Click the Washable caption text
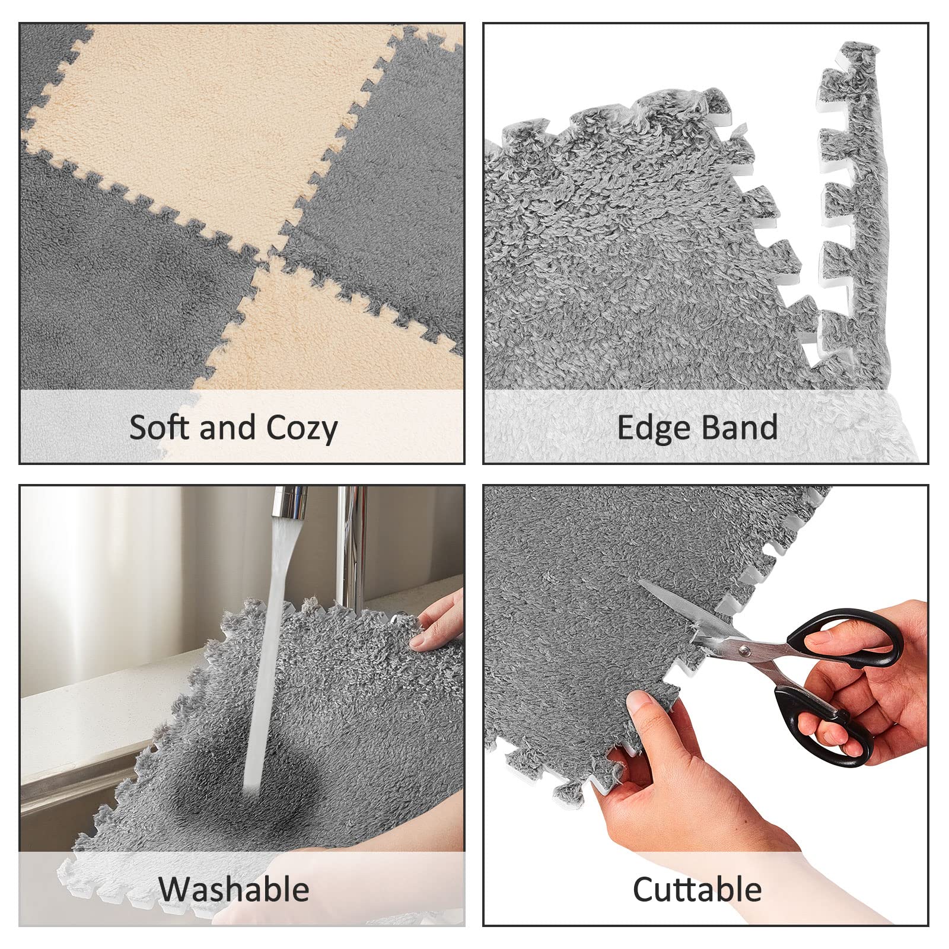pyautogui.click(x=234, y=889)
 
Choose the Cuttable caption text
pyautogui.click(x=697, y=889)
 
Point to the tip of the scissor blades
pyautogui.click(x=639, y=581)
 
